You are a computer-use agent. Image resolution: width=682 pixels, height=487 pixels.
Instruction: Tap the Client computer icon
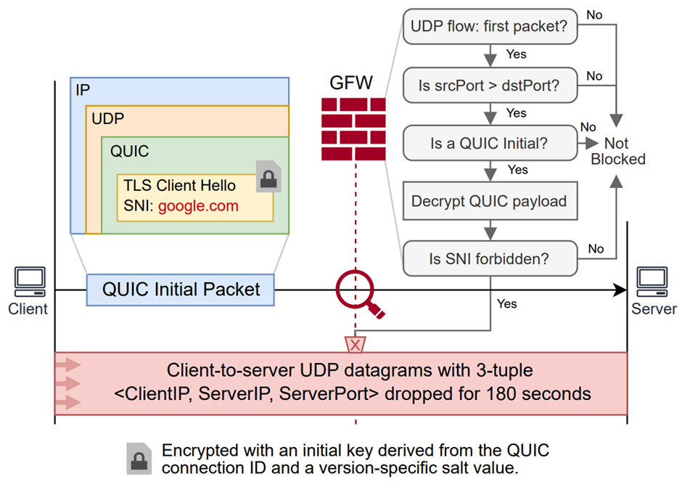[30, 282]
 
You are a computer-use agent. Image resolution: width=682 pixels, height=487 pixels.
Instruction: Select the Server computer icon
[652, 282]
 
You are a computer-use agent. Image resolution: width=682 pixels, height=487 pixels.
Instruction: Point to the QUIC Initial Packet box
[181, 290]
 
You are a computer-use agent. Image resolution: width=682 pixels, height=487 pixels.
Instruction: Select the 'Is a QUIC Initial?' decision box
[490, 143]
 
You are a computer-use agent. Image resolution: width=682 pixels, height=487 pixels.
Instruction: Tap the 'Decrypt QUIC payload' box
[490, 201]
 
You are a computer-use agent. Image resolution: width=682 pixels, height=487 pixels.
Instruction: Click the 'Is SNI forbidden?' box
[490, 258]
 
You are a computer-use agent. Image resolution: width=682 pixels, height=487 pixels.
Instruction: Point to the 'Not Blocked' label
[617, 151]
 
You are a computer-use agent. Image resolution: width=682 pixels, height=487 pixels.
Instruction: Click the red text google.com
[198, 206]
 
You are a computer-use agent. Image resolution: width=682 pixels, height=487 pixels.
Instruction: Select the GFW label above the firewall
[352, 83]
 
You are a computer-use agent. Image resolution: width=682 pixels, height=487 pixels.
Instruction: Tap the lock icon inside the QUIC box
[269, 176]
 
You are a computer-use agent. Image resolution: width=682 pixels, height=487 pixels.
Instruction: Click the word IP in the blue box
[83, 90]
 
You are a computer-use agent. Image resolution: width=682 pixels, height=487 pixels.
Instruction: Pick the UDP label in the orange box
[107, 118]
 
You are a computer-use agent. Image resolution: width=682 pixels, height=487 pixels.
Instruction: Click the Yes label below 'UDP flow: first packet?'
[516, 54]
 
